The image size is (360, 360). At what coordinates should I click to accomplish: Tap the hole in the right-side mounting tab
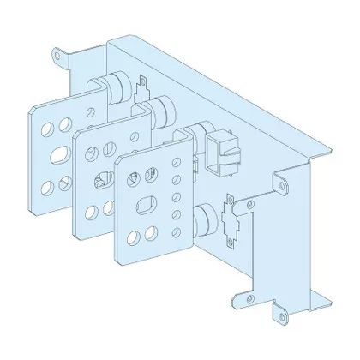pos(279,183)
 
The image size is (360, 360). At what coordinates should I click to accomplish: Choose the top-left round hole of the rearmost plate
pos(45,125)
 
